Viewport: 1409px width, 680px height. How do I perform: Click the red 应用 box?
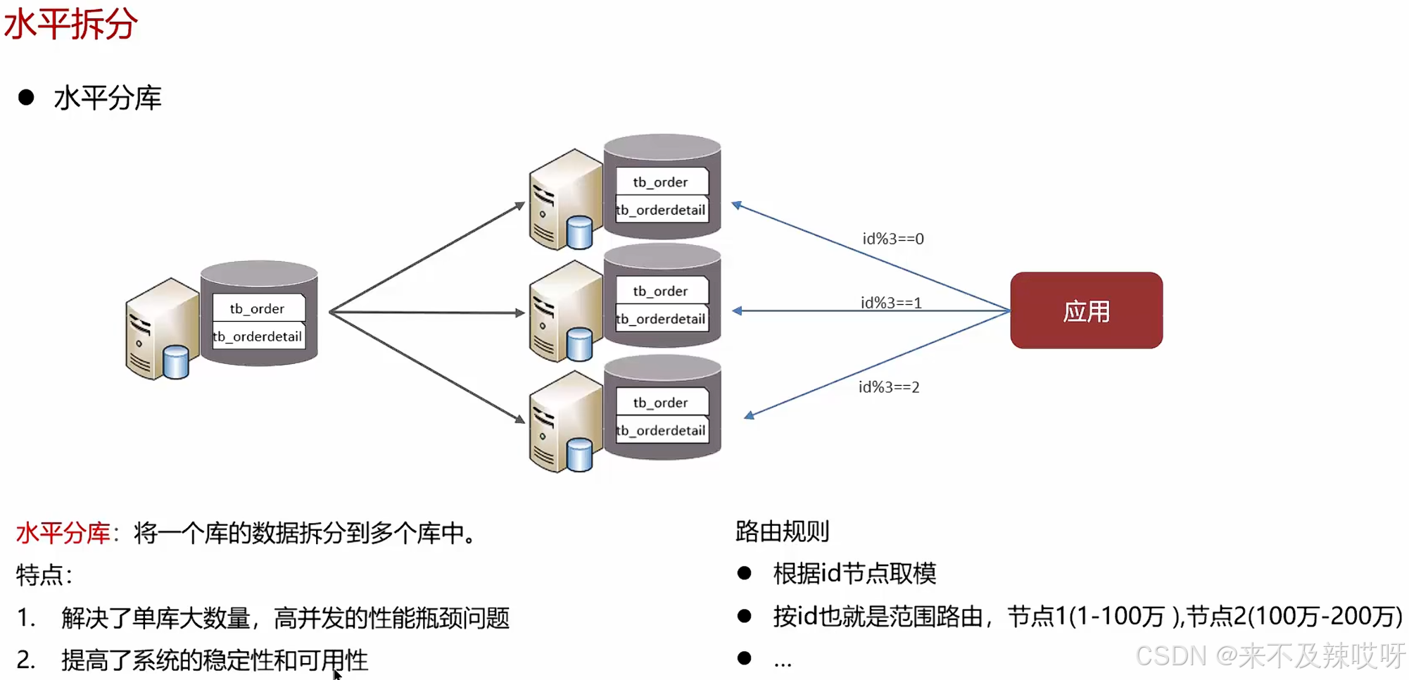pyautogui.click(x=1086, y=310)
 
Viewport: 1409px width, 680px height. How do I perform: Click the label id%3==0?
pyautogui.click(x=893, y=239)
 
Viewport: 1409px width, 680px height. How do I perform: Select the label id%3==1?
pyautogui.click(x=891, y=303)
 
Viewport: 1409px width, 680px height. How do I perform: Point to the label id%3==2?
pyautogui.click(x=889, y=387)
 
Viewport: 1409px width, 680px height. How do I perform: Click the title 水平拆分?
pyautogui.click(x=70, y=24)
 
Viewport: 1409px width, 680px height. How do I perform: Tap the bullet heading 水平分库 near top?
pyautogui.click(x=108, y=98)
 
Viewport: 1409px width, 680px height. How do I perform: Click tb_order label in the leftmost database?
pyautogui.click(x=258, y=308)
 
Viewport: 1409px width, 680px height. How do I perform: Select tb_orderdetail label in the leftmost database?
pyautogui.click(x=258, y=336)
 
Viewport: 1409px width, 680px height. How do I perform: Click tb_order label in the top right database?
pyautogui.click(x=660, y=182)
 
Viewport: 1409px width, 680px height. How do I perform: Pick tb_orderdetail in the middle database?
pyautogui.click(x=661, y=319)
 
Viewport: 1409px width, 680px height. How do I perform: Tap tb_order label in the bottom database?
pyautogui.click(x=660, y=403)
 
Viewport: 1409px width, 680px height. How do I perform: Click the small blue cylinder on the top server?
pyautogui.click(x=579, y=233)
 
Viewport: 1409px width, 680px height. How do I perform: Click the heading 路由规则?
pyautogui.click(x=782, y=531)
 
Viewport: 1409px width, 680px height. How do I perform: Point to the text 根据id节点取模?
pyautogui.click(x=854, y=573)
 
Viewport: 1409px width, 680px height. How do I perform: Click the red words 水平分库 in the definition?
pyautogui.click(x=63, y=533)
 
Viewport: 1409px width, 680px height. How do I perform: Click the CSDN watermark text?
pyautogui.click(x=1270, y=655)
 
